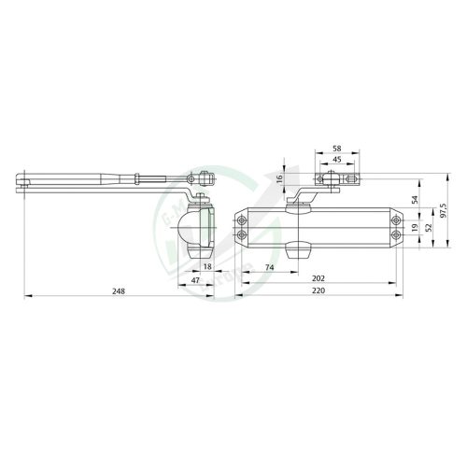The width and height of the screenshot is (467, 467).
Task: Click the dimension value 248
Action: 117,290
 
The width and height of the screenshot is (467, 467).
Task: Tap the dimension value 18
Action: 207,266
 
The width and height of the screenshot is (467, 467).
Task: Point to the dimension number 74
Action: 268,266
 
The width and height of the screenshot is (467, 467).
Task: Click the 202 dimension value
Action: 318,278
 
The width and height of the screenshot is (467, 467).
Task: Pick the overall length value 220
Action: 318,290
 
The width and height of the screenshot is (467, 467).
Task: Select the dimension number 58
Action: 338,149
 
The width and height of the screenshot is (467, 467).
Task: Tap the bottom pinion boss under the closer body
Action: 298,249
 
